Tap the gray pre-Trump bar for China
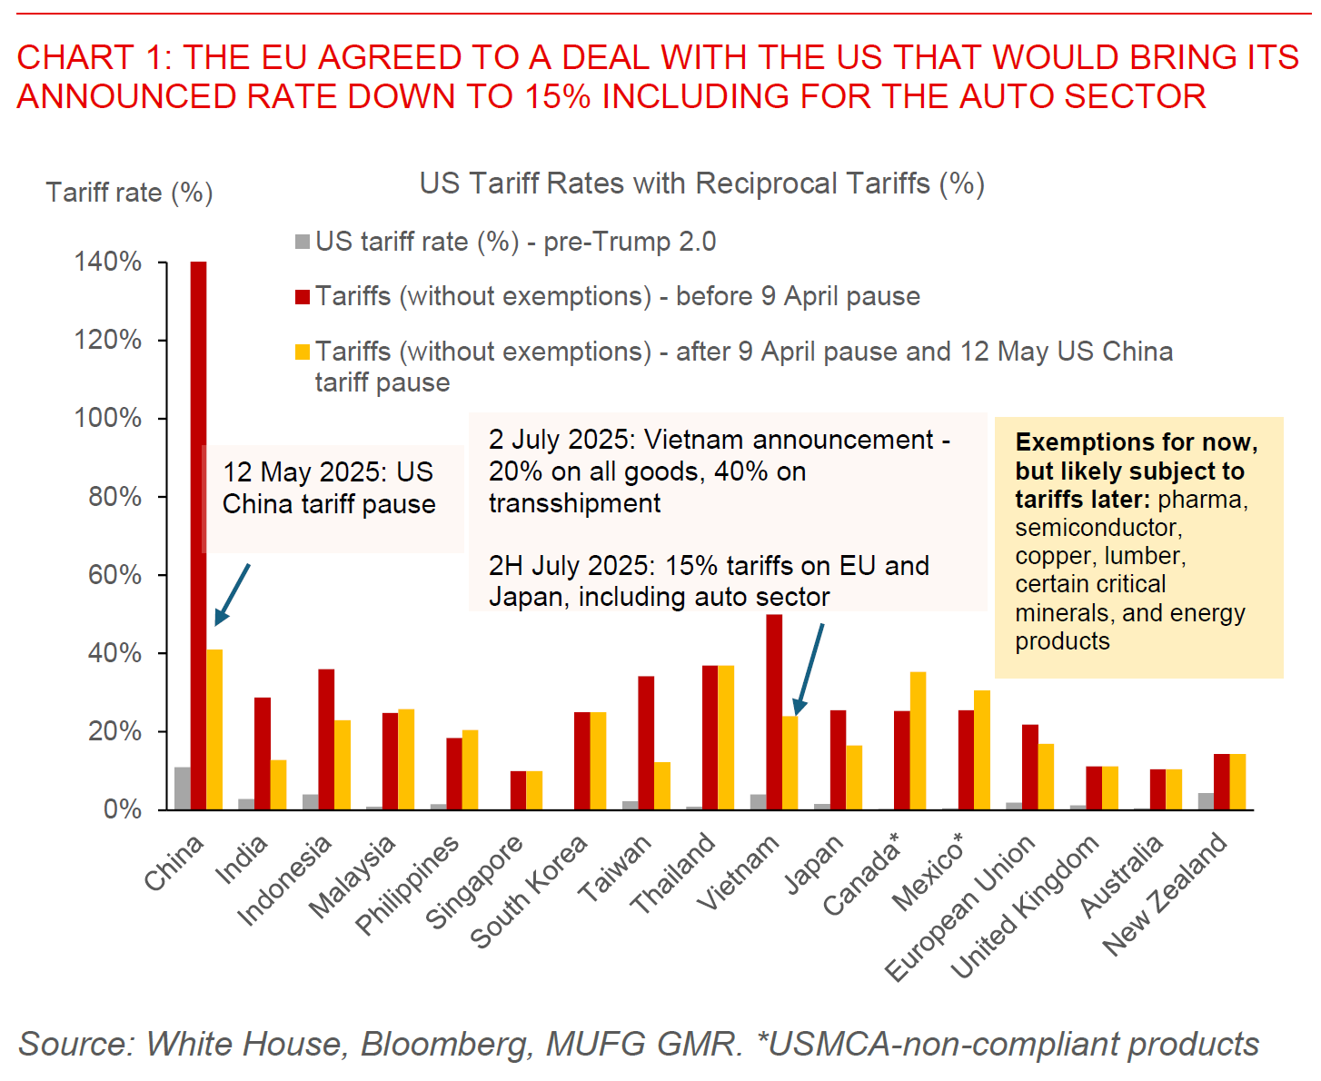point(183,788)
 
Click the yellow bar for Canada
point(918,740)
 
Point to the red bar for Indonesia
point(326,739)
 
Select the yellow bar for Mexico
point(982,749)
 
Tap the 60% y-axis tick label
point(115,575)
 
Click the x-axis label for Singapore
point(474,882)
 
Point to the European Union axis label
point(960,907)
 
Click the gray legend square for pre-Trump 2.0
point(303,243)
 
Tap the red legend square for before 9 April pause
point(303,297)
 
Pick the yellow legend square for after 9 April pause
point(303,352)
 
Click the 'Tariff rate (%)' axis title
point(129,193)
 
